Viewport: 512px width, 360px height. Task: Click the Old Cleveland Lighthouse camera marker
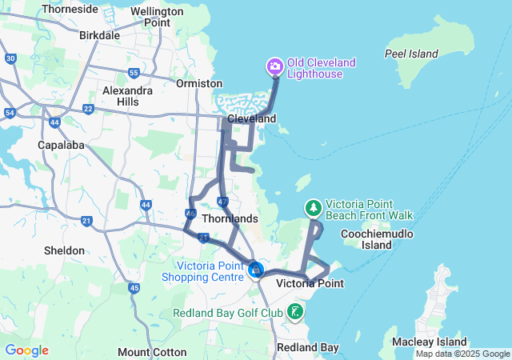coord(274,66)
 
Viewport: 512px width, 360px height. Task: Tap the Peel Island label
coord(412,54)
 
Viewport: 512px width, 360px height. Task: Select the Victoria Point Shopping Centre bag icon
coord(255,270)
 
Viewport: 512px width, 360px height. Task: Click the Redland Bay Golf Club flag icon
coord(295,311)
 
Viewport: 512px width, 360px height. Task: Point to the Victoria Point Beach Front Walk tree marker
coord(313,208)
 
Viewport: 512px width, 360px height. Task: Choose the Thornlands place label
coord(230,218)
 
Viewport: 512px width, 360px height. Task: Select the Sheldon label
coord(64,250)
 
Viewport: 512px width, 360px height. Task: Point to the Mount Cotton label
coord(151,352)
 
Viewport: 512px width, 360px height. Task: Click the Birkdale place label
coord(100,35)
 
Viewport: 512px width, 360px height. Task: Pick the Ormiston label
coord(200,83)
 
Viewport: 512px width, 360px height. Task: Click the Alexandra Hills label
coord(127,96)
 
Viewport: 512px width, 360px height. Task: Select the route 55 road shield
coord(134,74)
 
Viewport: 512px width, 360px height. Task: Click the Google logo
coord(26,350)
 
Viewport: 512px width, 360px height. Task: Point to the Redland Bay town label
coord(307,347)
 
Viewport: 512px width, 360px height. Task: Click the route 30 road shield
coord(10,58)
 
